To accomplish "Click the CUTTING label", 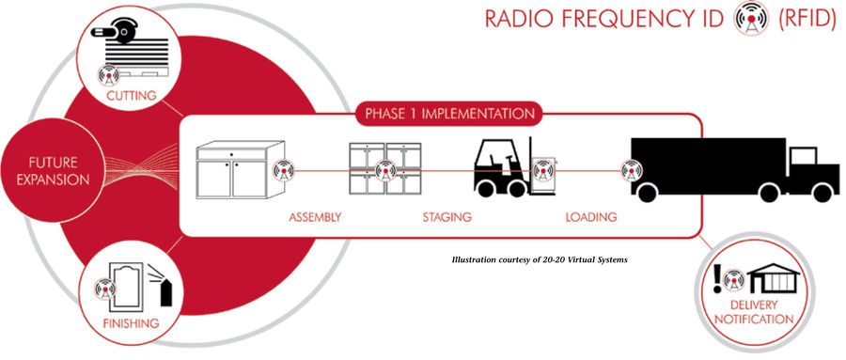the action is pos(131,96).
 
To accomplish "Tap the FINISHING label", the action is pos(131,324).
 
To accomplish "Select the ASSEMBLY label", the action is pos(315,217).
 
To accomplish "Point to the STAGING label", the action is pos(446,217).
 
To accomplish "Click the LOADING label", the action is pos(591,217).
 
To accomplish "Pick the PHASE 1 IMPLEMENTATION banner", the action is pos(450,114).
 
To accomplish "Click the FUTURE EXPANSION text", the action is pos(53,171).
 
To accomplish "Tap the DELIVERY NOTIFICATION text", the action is pos(754,312).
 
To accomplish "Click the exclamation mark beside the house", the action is pos(717,278).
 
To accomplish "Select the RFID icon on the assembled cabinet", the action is pos(284,170).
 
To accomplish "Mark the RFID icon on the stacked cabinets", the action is pos(384,170).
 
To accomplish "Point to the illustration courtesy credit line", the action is pos(540,259).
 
